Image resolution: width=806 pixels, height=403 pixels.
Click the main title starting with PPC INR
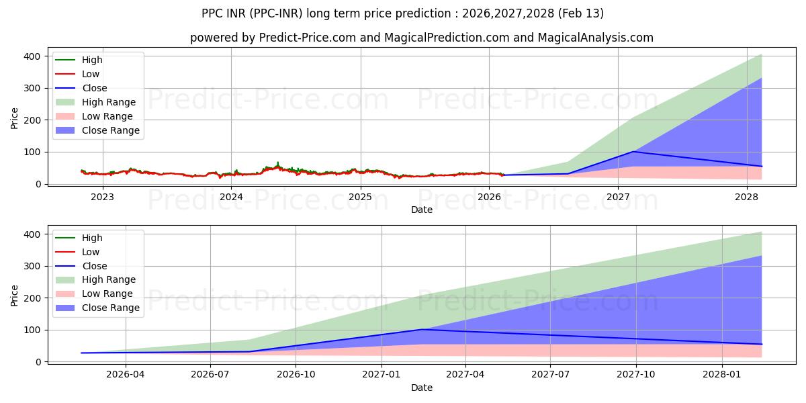pos(402,13)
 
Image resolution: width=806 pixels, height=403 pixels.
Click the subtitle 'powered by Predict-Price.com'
pos(421,38)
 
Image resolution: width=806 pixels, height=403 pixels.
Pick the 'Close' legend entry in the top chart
pos(94,88)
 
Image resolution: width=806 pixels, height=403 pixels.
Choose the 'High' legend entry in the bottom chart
pos(91,238)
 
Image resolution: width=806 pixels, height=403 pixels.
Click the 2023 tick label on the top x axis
pos(102,197)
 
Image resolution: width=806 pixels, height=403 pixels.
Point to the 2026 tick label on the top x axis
pos(489,197)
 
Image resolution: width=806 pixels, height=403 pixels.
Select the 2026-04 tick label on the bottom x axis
pos(126,375)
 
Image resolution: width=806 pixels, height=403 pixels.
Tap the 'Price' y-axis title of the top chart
pos(15,118)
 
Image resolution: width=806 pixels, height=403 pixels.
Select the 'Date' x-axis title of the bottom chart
pos(421,388)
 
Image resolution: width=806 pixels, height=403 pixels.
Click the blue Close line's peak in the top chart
pos(633,151)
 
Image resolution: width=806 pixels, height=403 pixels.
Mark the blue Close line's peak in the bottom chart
pos(422,329)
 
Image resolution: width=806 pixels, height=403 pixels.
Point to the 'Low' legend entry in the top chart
pos(90,74)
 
